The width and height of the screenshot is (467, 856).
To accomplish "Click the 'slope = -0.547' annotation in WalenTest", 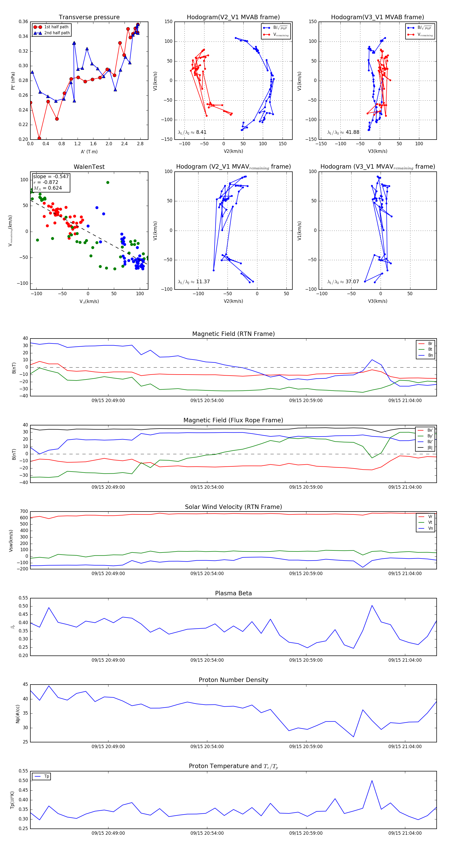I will click(51, 176).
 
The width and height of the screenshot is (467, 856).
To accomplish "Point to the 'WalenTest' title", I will click(89, 167).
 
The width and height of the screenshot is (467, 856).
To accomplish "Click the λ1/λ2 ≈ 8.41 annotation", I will click(192, 132).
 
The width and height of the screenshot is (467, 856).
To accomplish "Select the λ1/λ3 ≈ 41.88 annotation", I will click(343, 132).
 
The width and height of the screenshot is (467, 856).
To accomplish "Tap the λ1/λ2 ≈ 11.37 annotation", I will click(194, 282).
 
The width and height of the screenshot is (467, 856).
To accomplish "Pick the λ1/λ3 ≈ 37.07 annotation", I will click(343, 282).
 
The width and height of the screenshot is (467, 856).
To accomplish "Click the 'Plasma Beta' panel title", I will click(233, 593).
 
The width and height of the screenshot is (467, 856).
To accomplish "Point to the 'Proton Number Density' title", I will click(233, 680).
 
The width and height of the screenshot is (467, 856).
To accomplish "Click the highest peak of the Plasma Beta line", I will click(372, 605).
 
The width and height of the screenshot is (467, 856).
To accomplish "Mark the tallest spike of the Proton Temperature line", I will click(372, 781).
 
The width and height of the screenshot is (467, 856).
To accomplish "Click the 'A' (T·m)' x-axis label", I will click(89, 152).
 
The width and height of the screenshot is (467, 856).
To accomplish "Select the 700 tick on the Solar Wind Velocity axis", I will click(24, 512).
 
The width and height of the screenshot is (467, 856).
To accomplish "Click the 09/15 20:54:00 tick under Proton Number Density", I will click(207, 746).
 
